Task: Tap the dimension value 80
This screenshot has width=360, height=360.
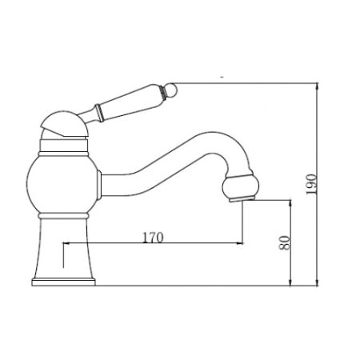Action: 282,242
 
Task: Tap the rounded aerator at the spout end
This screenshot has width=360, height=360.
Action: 242,185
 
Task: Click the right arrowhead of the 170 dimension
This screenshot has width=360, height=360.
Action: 239,243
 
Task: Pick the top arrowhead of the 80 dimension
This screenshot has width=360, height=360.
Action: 290,203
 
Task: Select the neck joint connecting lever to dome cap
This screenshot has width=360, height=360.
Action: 89,111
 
